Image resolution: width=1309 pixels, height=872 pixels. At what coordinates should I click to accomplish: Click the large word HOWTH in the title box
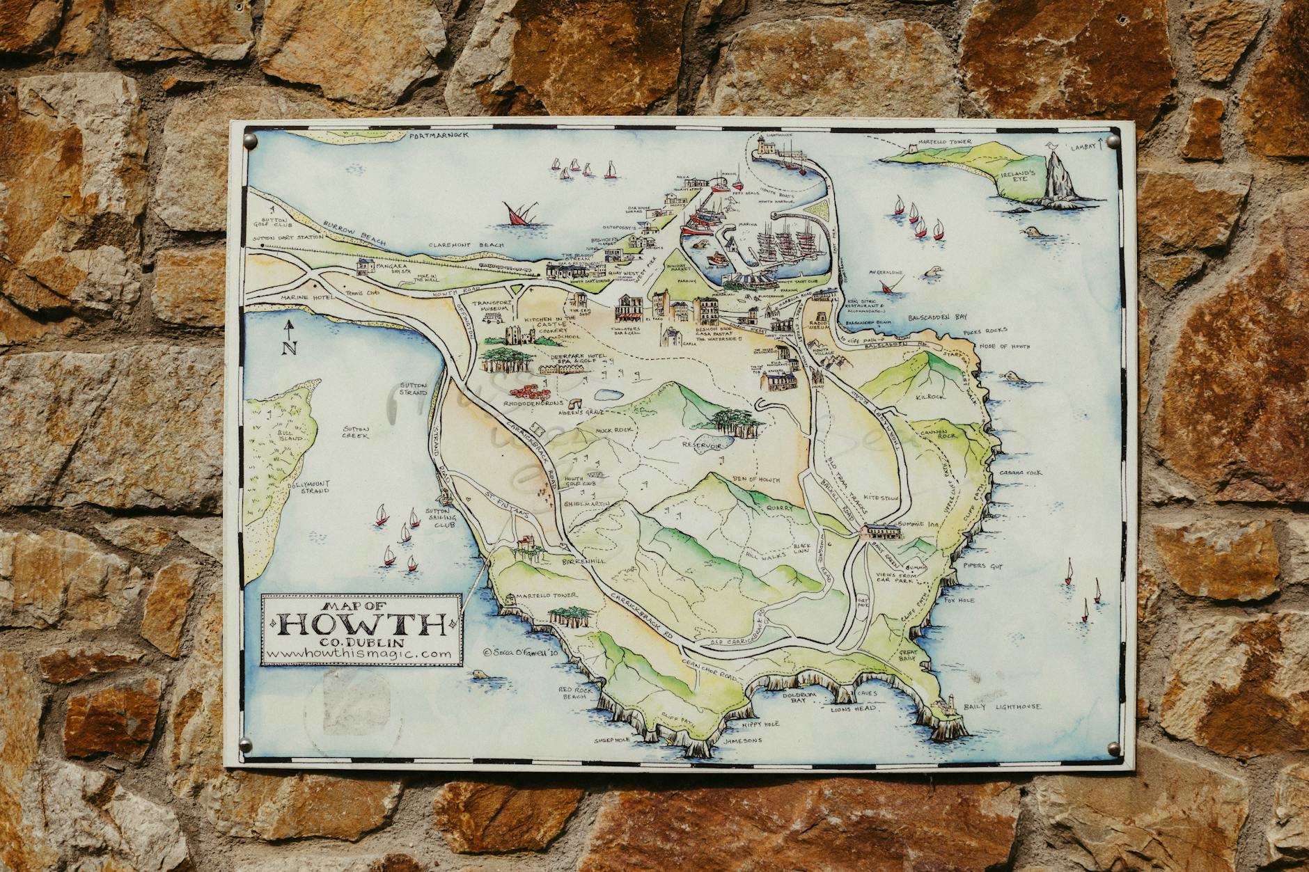[361, 626]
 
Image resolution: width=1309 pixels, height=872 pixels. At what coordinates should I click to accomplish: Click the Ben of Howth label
[756, 479]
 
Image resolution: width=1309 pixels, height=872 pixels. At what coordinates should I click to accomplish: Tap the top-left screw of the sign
[252, 141]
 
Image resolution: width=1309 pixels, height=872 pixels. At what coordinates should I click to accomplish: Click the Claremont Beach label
[457, 246]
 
